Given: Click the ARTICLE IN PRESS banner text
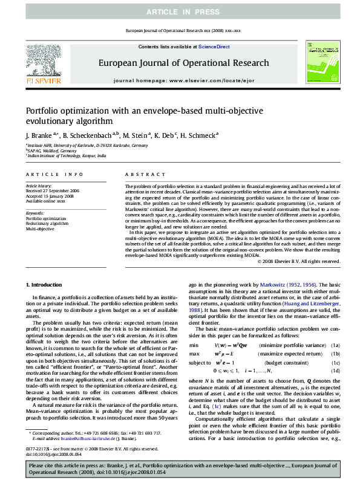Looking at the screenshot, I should click(180, 12).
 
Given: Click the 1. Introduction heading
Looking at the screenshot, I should click(44, 284).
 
